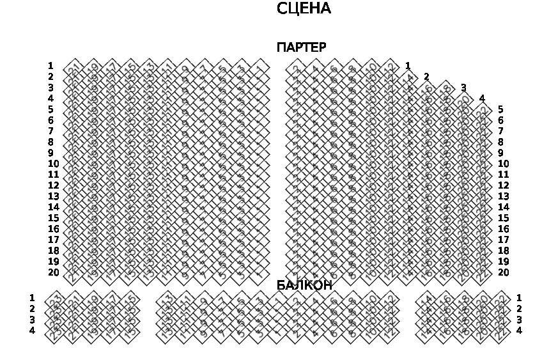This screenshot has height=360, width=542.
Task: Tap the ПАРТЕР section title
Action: click(x=301, y=47)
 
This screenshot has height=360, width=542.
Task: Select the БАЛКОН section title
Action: click(x=304, y=285)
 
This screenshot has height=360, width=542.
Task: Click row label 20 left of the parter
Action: click(x=53, y=272)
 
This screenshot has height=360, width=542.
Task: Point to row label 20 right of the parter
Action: click(x=503, y=272)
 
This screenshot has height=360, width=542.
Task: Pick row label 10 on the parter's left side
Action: click(x=53, y=164)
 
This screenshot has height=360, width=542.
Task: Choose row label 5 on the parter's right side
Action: click(x=500, y=109)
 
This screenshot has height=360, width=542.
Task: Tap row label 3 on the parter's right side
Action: click(x=463, y=88)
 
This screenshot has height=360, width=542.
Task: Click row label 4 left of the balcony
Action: click(x=32, y=331)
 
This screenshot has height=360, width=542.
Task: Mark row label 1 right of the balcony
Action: click(x=519, y=298)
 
